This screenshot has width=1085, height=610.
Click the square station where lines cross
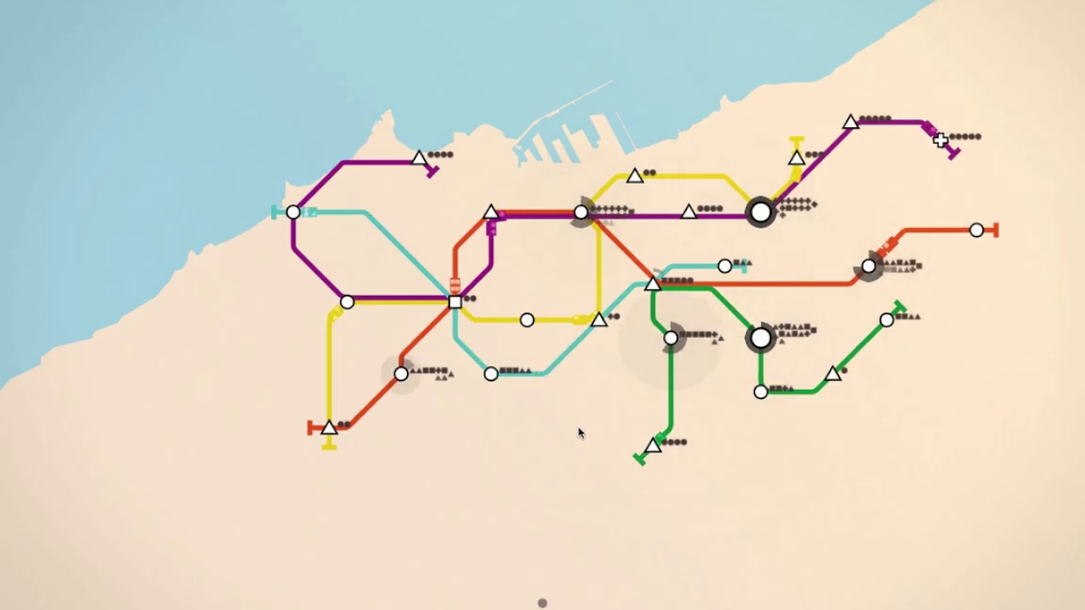455,302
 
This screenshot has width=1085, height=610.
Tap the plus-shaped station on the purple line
940,141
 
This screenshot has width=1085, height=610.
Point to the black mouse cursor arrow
581,433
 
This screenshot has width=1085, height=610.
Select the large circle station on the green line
760,338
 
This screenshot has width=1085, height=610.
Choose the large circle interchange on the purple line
760,212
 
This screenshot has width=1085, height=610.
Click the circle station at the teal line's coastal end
293,212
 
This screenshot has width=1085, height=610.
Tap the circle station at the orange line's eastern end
976,230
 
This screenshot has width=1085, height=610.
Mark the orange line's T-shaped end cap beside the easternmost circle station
996,230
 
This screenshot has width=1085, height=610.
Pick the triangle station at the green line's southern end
653,446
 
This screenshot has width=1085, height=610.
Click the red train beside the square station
455,285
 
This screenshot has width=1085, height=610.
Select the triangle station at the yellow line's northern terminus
796,158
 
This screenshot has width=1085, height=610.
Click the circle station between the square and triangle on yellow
527,319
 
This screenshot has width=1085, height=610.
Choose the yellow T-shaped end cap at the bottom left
329,445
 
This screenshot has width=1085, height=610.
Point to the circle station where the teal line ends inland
725,266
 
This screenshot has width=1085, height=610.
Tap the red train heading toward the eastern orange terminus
887,247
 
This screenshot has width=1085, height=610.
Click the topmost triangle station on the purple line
850,123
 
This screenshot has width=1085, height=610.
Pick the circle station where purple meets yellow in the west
347,302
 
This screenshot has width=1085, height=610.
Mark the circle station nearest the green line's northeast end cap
887,319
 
